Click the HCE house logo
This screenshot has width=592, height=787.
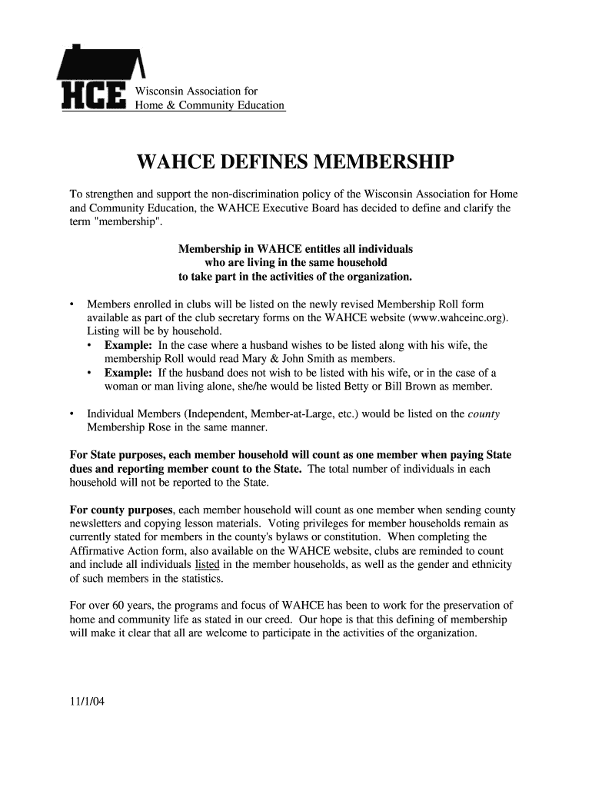coord(100,76)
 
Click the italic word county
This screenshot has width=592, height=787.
coord(484,413)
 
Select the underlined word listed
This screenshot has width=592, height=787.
coord(208,565)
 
